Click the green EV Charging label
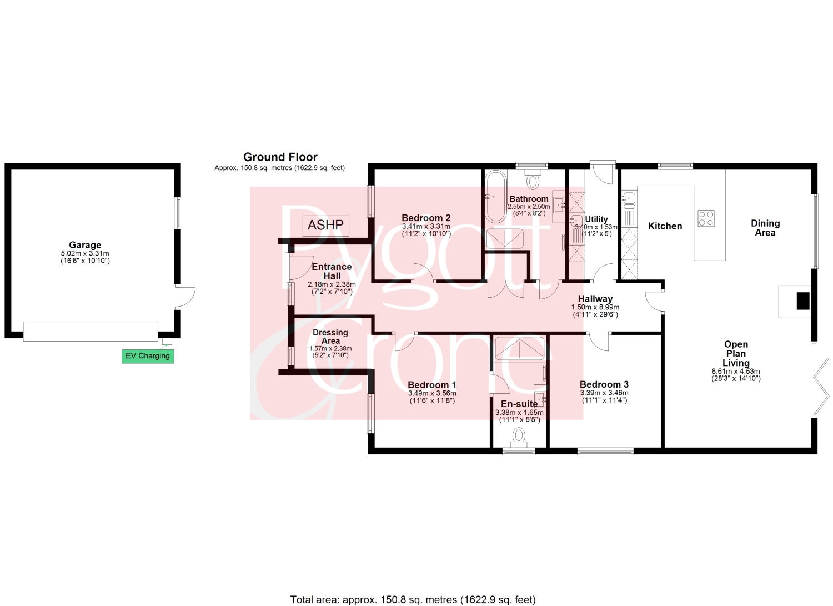(148, 356)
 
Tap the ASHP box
(326, 226)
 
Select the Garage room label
(85, 245)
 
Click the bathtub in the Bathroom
(496, 197)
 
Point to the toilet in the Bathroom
(533, 179)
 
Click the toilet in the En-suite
(518, 438)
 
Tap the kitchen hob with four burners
(705, 218)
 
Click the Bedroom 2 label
(426, 218)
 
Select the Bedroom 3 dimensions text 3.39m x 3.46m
(604, 393)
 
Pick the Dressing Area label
(330, 337)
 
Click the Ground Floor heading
(280, 157)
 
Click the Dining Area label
(765, 228)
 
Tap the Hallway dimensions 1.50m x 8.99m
(595, 307)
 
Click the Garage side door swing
(185, 298)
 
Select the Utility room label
(596, 219)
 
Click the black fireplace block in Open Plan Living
(803, 301)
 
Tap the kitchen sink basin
(629, 197)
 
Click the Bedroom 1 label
(431, 385)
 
